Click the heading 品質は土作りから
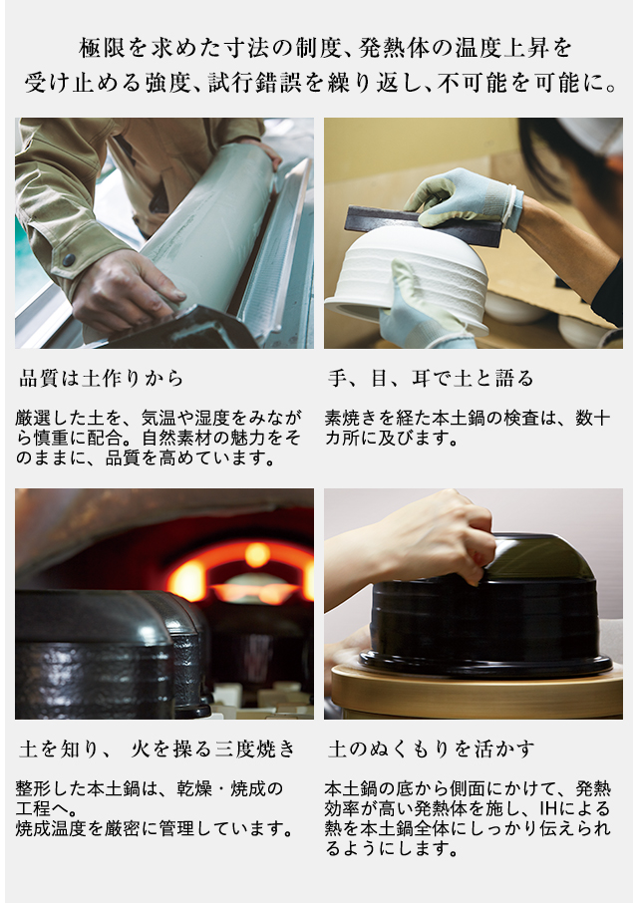click(102, 379)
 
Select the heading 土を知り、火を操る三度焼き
click(158, 749)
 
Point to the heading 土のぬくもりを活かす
click(432, 749)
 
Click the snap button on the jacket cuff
click(69, 260)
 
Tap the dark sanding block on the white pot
click(424, 225)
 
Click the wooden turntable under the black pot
click(478, 691)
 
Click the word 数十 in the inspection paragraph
click(593, 418)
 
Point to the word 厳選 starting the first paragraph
click(34, 418)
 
